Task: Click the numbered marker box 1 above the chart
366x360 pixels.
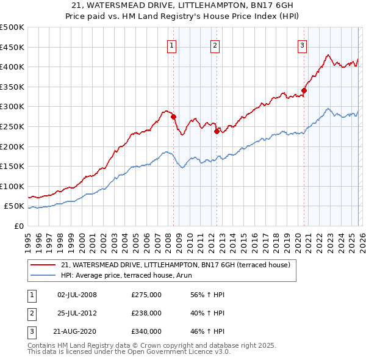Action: (x=171, y=45)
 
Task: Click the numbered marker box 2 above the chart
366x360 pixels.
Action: (x=215, y=45)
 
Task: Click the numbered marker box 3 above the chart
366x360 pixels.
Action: (x=302, y=45)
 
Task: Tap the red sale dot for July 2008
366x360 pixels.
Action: (x=174, y=117)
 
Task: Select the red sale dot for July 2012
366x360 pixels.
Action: (x=217, y=131)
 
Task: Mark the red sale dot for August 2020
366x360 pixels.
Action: (x=304, y=91)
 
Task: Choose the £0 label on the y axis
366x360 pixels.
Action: (x=19, y=226)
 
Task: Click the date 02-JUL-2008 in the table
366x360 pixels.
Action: (x=77, y=295)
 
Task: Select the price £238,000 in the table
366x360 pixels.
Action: (x=146, y=313)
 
